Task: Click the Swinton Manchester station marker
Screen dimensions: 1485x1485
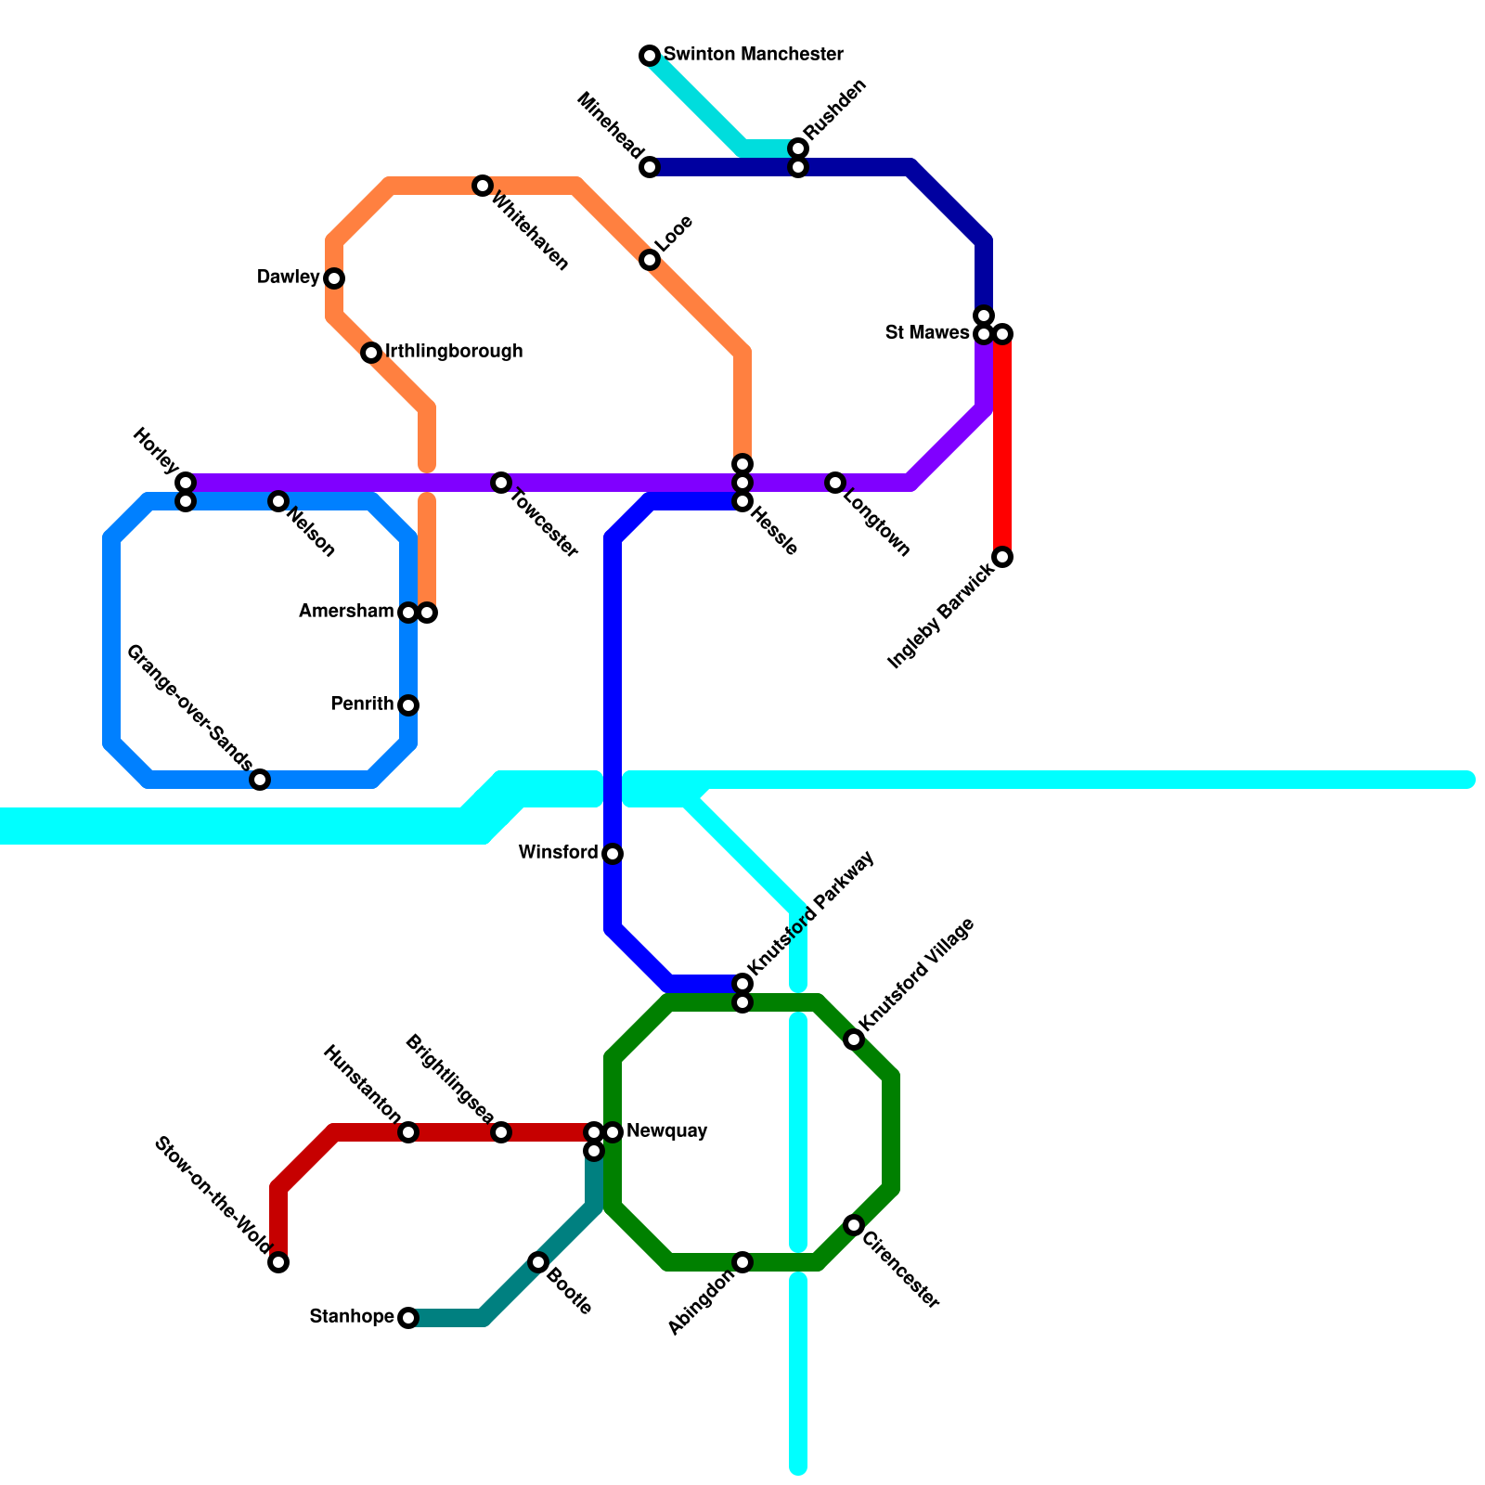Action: pyautogui.click(x=650, y=56)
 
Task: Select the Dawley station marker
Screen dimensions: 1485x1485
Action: pyautogui.click(x=334, y=278)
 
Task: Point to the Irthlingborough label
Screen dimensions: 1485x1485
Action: pyautogui.click(x=454, y=352)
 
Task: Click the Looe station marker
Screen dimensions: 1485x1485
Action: pyautogui.click(x=650, y=260)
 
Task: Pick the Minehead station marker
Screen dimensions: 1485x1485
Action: pyautogui.click(x=650, y=167)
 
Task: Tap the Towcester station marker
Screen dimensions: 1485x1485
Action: pyautogui.click(x=501, y=483)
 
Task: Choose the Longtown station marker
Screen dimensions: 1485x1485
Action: pyautogui.click(x=835, y=483)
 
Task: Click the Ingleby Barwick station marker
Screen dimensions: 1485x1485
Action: pyautogui.click(x=1002, y=557)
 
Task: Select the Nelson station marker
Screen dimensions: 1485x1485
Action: pyautogui.click(x=278, y=501)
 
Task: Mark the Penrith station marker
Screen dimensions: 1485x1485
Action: pyautogui.click(x=408, y=705)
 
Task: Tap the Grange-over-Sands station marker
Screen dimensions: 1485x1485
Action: pyautogui.click(x=261, y=780)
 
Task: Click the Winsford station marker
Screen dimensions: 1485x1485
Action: pyautogui.click(x=613, y=854)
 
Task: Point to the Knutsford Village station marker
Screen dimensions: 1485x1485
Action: pyautogui.click(x=854, y=1039)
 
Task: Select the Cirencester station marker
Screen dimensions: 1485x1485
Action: pyautogui.click(x=854, y=1225)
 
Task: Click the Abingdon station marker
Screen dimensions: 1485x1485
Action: pyautogui.click(x=742, y=1262)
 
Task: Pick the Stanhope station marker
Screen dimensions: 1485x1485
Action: pyautogui.click(x=408, y=1318)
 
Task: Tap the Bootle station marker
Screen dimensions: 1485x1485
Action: pyautogui.click(x=538, y=1262)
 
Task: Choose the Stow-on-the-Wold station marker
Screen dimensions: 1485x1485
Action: pyautogui.click(x=278, y=1262)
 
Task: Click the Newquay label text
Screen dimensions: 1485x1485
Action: pyautogui.click(x=666, y=1131)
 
